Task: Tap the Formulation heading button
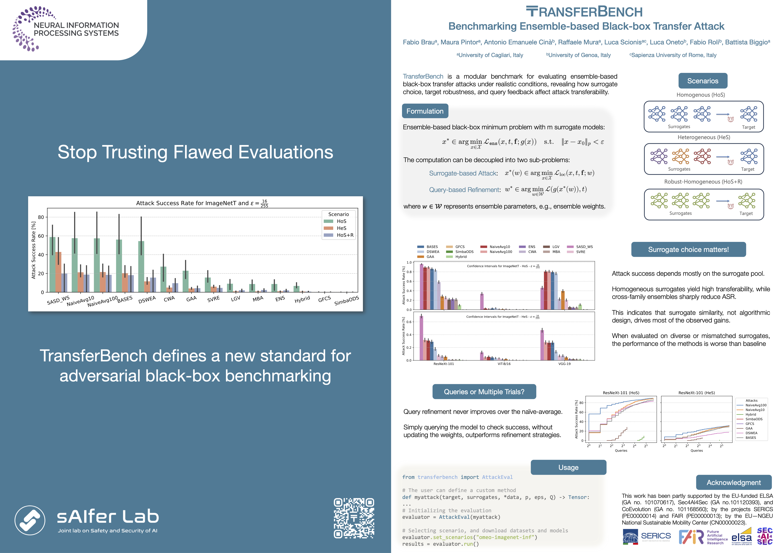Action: click(x=425, y=111)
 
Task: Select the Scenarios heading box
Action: click(x=703, y=81)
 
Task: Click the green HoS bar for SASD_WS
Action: click(x=52, y=264)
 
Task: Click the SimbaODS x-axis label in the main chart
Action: click(x=346, y=301)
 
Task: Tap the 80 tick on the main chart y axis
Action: click(x=41, y=217)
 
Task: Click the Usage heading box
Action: click(x=569, y=467)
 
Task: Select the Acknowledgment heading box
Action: click(x=734, y=482)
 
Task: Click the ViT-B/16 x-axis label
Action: click(x=504, y=364)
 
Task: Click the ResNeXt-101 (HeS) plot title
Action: click(x=696, y=393)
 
